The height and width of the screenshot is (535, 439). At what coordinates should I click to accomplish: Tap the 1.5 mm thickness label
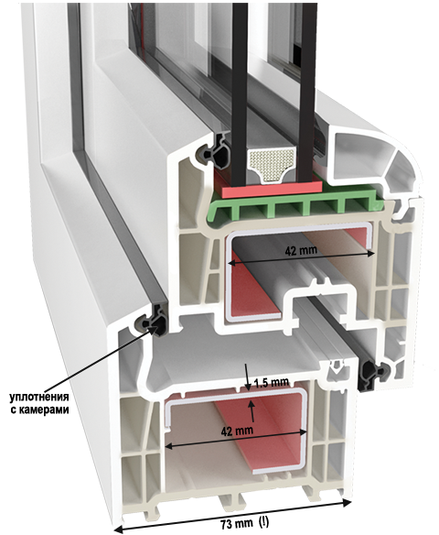click(x=272, y=382)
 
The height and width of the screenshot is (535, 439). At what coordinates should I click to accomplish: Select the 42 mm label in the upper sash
click(x=301, y=251)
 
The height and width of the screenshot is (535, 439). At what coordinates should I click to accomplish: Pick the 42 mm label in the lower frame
click(x=237, y=431)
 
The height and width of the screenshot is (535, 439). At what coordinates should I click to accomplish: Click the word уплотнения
click(x=38, y=398)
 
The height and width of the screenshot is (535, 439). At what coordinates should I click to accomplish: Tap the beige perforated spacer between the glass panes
click(x=268, y=165)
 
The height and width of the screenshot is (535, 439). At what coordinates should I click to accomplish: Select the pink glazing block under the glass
click(x=272, y=189)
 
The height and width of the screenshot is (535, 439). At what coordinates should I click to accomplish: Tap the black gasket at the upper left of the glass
click(x=215, y=152)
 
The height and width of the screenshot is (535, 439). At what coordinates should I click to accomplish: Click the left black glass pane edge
click(x=240, y=93)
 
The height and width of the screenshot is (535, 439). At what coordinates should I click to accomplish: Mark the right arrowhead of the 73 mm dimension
click(x=347, y=512)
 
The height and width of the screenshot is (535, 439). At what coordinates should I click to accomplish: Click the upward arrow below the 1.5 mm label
click(x=252, y=411)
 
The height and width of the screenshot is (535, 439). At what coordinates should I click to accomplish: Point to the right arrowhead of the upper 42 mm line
click(x=371, y=253)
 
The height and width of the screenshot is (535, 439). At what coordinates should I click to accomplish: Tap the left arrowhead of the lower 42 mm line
click(x=169, y=446)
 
